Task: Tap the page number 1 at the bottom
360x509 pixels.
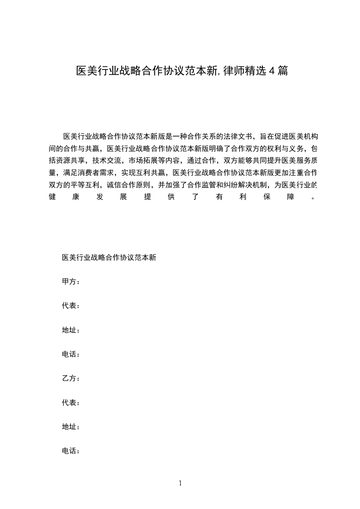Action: tap(180, 483)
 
